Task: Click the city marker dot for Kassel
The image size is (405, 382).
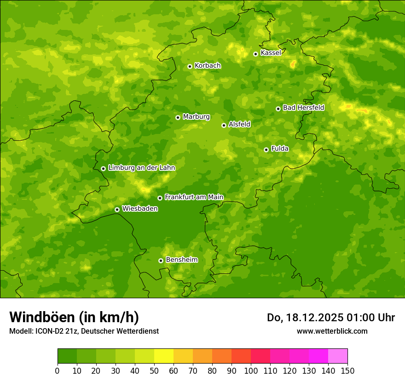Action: [x=255, y=54]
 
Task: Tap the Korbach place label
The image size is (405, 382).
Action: [x=208, y=66]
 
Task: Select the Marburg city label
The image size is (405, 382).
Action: [x=196, y=117]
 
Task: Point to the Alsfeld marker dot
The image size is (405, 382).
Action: [x=224, y=125]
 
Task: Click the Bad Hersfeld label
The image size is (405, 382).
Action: [x=303, y=108]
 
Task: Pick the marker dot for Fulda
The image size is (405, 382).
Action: [x=266, y=150]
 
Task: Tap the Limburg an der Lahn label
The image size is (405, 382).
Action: [x=141, y=168]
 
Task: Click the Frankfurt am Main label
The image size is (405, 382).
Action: [x=194, y=197]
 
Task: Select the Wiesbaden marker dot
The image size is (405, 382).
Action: [x=117, y=209]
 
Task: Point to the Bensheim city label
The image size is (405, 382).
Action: [x=181, y=260]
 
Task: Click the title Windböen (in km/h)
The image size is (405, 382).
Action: [x=74, y=317]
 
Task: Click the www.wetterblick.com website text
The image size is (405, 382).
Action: [x=332, y=331]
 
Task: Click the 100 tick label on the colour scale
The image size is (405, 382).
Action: [x=251, y=370]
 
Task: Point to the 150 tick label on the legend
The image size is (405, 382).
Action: [x=347, y=370]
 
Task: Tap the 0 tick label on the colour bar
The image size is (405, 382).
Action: [x=58, y=370]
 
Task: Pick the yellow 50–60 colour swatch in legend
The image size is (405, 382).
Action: [x=164, y=356]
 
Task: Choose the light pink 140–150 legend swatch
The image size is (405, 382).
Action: [x=338, y=356]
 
